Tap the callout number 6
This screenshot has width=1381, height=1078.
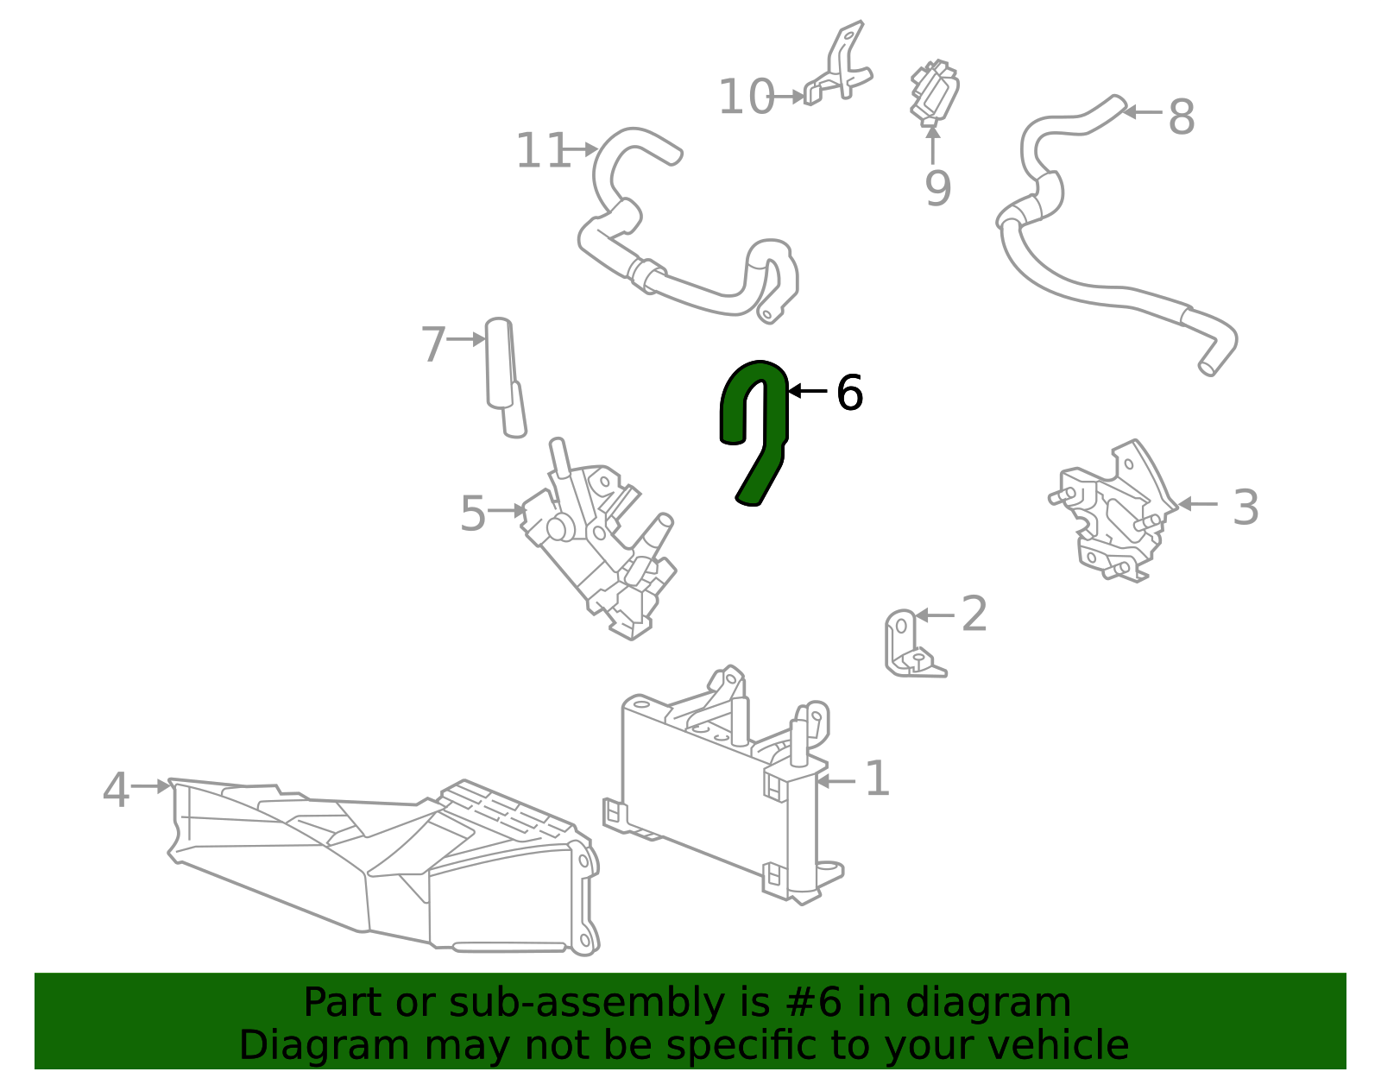point(849,393)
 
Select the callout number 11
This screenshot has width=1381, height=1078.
point(542,151)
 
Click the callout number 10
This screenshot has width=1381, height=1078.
point(746,97)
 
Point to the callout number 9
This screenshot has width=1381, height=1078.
point(937,188)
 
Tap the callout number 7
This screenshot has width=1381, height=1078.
point(433,344)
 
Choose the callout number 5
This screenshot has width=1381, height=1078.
point(473,514)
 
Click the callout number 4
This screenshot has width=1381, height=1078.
point(116,790)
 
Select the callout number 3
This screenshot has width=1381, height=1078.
point(1245,507)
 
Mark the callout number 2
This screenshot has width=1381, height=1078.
point(974,614)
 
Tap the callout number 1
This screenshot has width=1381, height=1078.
point(876,779)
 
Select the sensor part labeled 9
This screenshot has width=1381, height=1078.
point(934,91)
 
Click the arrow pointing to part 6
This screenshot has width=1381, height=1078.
point(808,391)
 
